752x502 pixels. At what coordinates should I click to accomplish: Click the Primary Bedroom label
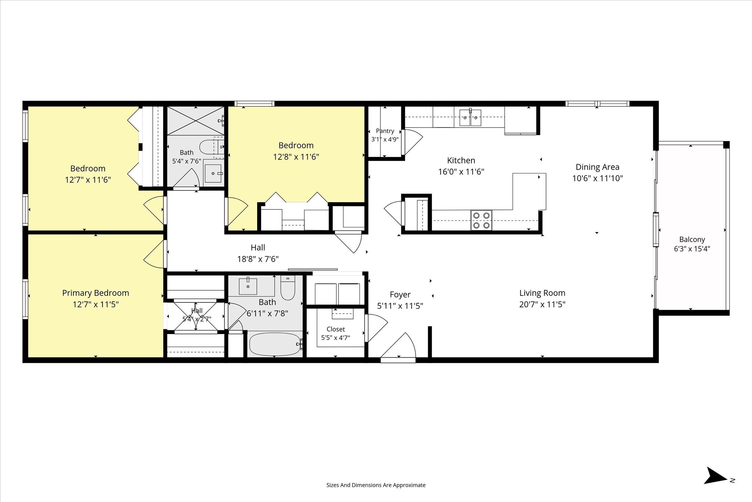[95, 293]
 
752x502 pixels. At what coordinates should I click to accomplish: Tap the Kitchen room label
[461, 160]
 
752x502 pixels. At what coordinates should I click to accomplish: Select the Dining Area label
[597, 167]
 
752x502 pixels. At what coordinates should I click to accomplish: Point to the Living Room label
[542, 293]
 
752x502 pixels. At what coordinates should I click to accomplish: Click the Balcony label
[692, 239]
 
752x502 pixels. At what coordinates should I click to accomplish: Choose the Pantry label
[385, 131]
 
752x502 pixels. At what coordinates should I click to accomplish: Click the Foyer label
[400, 294]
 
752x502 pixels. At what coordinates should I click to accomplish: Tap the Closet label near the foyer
[336, 329]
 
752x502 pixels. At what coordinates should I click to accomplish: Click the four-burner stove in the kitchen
[481, 220]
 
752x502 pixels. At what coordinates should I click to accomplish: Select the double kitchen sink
[470, 118]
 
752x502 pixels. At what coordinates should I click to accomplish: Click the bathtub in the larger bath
[275, 344]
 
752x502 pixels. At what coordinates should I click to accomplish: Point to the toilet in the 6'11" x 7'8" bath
[288, 288]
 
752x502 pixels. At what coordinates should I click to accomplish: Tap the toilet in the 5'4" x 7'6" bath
[212, 147]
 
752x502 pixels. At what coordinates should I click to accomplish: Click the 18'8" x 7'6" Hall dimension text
[258, 259]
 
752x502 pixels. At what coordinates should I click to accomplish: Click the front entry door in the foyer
[398, 346]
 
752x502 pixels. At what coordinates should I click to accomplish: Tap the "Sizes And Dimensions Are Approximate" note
[376, 485]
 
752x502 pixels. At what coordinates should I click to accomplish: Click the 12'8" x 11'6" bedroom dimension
[296, 157]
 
